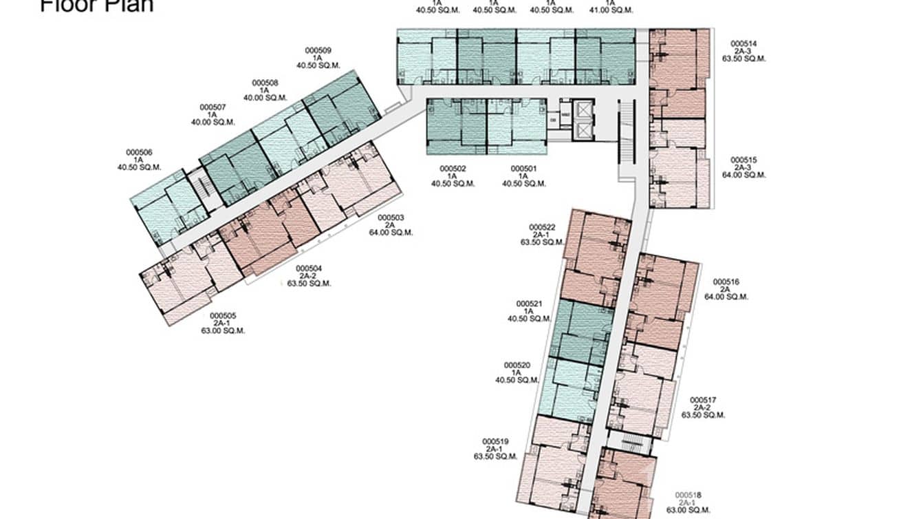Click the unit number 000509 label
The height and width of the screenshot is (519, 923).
coord(318,50)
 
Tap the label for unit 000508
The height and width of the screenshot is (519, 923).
coord(265,83)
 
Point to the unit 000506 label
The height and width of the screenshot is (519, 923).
coord(139,152)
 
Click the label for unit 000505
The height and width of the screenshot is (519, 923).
coord(223,316)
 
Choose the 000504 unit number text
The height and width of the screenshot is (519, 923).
coord(309,268)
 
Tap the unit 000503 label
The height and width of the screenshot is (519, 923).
coord(391,218)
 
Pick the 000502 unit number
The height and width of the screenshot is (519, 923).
coord(453,169)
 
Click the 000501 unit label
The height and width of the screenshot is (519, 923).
coord(523,169)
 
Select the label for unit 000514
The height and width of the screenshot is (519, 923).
coord(743,43)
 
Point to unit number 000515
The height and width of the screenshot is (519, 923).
coord(743,160)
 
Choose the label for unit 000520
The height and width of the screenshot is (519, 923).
coord(517,365)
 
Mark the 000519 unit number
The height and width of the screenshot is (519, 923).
coord(495,441)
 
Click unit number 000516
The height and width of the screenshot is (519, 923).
coord(726,282)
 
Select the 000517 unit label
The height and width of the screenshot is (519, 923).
coord(704,400)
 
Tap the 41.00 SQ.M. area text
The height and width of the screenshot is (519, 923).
coord(611,10)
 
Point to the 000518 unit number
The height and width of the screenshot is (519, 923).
coord(688,495)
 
